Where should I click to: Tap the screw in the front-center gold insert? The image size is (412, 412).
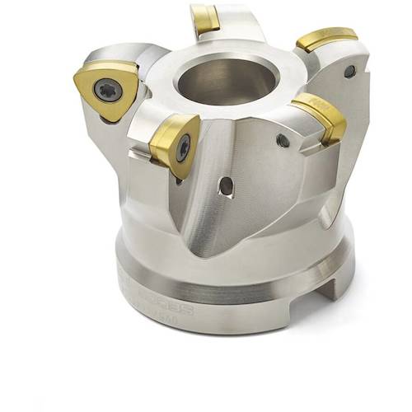(x=183, y=147)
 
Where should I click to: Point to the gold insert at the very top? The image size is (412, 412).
(x=204, y=18)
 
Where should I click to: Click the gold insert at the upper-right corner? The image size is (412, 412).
(x=327, y=39)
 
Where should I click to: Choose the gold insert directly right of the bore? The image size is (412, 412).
(x=320, y=115)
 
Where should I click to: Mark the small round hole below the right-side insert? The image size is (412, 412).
(x=283, y=141)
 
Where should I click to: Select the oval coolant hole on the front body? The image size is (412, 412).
(x=224, y=186)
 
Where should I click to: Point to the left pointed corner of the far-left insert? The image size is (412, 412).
(x=77, y=83)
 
